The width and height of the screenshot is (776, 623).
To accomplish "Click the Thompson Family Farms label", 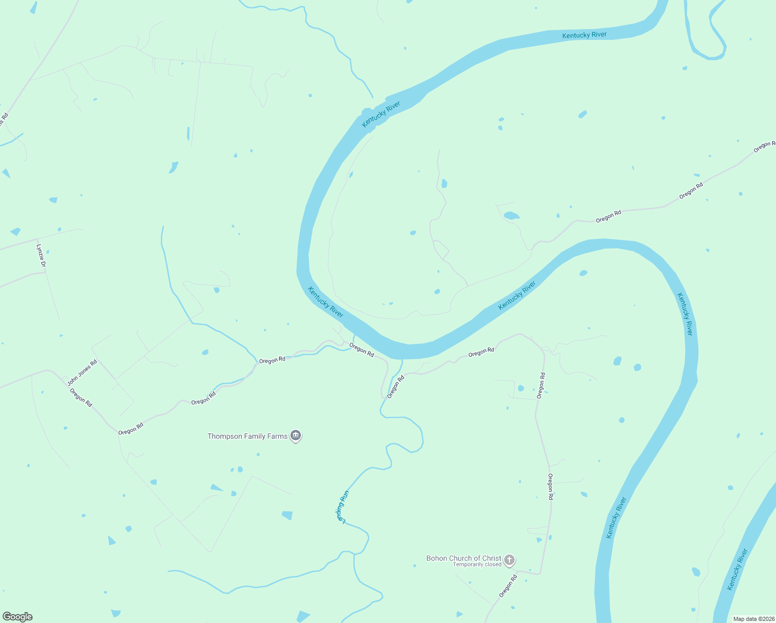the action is (247, 437).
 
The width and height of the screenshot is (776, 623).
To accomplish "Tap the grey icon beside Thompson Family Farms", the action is (296, 436).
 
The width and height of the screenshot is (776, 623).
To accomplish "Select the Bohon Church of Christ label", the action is (463, 559).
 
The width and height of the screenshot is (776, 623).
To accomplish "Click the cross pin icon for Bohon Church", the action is (509, 560).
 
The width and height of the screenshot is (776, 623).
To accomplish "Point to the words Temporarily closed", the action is (477, 565).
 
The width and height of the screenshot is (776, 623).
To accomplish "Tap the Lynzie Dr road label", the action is (41, 256).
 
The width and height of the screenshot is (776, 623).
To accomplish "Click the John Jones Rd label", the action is (82, 373).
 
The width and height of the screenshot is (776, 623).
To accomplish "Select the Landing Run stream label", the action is (342, 506).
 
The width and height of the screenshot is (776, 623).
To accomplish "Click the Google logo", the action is (17, 617).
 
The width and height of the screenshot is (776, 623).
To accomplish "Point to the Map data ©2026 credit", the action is (753, 619).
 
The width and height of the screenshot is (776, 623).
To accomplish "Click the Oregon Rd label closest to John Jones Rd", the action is (81, 398).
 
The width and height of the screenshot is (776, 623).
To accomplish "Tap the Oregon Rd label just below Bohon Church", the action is (508, 586).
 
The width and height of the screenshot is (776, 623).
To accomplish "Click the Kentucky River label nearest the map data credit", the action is (738, 569).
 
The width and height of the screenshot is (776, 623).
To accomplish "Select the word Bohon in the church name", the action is (437, 559).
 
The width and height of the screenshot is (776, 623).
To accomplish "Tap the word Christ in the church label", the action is (491, 559).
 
